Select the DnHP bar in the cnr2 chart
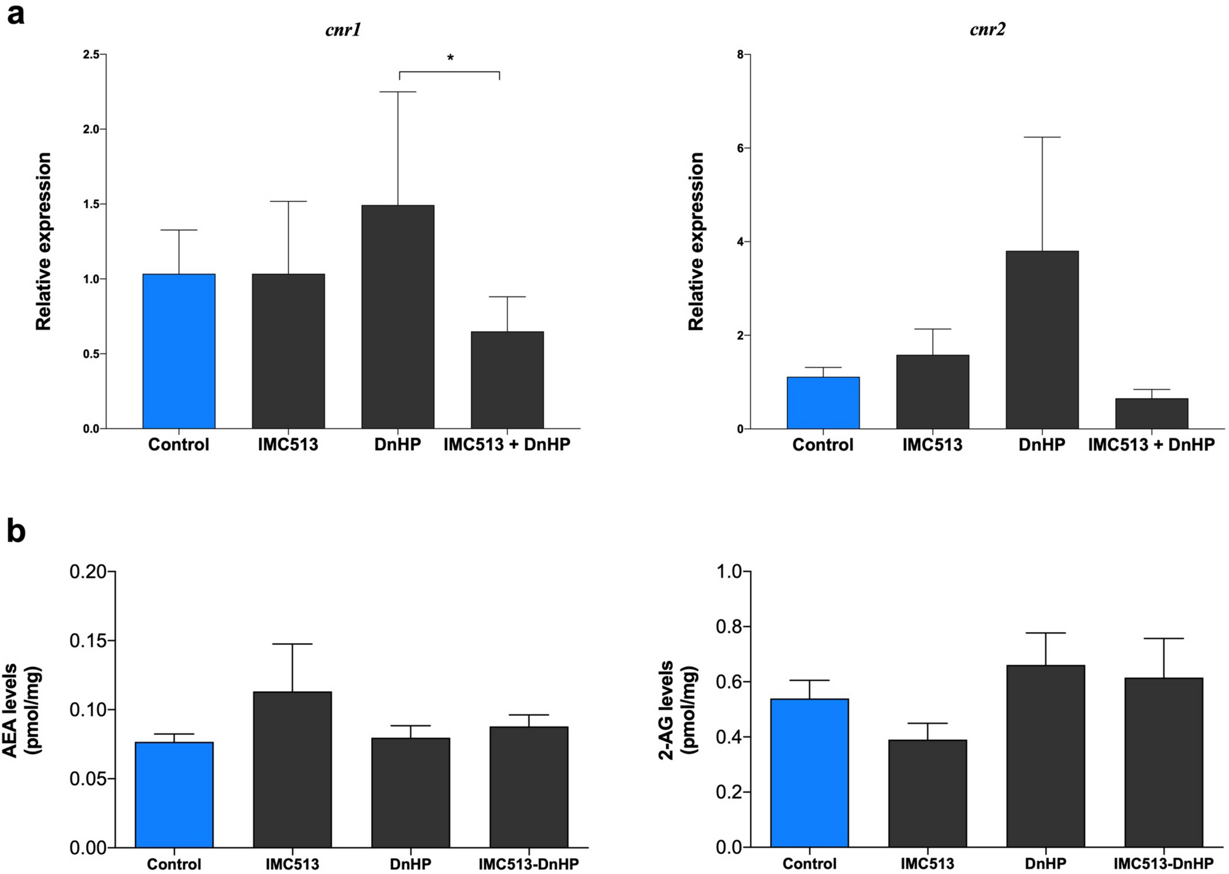click(1042, 340)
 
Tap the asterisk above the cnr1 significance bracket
click(450, 59)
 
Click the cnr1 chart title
click(343, 29)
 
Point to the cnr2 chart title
click(987, 29)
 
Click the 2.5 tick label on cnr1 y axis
click(91, 55)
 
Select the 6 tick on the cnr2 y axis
click(740, 148)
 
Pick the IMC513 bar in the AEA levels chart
click(292, 769)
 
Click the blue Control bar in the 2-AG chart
click(810, 773)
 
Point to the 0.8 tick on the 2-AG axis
click(728, 627)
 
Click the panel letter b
click(16, 531)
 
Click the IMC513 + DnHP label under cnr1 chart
click(506, 445)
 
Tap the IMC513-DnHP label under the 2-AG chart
click(1163, 864)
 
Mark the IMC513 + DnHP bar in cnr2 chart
click(1151, 413)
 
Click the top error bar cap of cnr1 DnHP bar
click(398, 92)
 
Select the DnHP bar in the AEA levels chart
click(410, 793)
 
